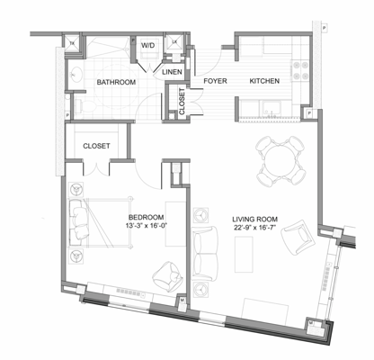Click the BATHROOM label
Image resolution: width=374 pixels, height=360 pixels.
pos(116,82)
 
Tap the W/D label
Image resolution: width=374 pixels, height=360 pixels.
pos(147,44)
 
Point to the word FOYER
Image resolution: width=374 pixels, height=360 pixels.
pos(215,81)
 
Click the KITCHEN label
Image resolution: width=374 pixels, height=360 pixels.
pos(264,81)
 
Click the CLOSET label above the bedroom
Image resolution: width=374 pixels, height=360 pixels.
pos(96,145)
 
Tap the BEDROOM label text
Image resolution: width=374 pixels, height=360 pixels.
pos(145,217)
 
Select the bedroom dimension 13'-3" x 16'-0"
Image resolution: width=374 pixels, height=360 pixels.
pos(145,227)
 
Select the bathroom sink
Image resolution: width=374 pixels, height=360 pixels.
pos(77,73)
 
